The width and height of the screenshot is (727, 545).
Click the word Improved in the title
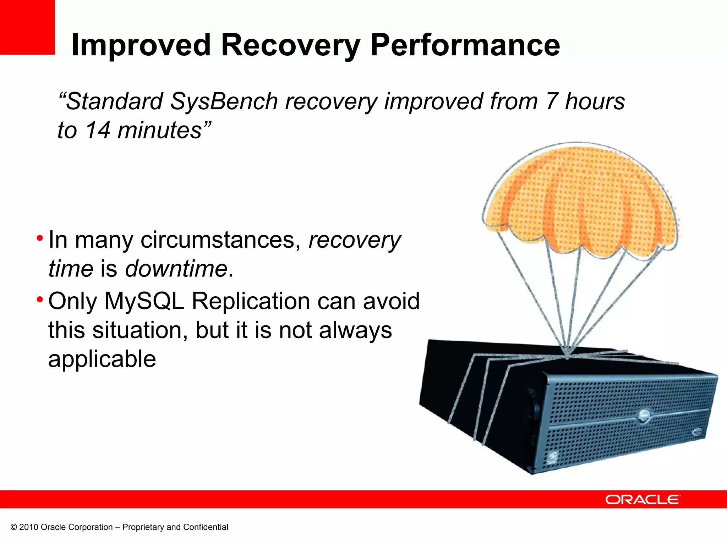pyautogui.click(x=141, y=45)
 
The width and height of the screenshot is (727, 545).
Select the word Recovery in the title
pyautogui.click(x=290, y=45)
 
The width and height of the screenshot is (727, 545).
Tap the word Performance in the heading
pyautogui.click(x=465, y=45)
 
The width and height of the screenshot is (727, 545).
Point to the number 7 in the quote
pyautogui.click(x=551, y=101)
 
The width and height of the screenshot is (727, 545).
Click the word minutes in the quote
pyautogui.click(x=160, y=130)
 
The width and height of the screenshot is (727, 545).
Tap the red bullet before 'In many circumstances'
pyautogui.click(x=40, y=237)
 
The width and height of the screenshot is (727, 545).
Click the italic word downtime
pyautogui.click(x=176, y=269)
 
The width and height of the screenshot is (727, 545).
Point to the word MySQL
pyautogui.click(x=144, y=301)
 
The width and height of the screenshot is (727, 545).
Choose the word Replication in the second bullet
pyautogui.click(x=251, y=301)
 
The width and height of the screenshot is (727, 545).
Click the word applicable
pyautogui.click(x=102, y=359)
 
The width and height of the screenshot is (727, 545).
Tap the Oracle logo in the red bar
pyautogui.click(x=643, y=500)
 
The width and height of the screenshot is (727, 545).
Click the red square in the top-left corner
pyautogui.click(x=27, y=27)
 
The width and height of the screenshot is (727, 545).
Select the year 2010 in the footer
pyautogui.click(x=28, y=527)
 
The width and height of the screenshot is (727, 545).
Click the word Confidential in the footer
pyautogui.click(x=206, y=527)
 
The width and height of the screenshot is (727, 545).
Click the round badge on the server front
pyautogui.click(x=644, y=415)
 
